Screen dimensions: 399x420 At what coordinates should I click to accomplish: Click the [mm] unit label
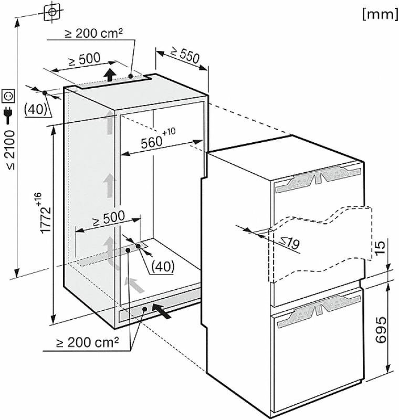click(380, 14)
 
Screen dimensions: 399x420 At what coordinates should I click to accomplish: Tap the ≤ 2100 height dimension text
click(10, 150)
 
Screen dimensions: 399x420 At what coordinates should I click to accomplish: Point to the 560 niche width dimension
click(158, 139)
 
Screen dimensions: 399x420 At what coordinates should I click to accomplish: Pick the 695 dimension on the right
click(381, 330)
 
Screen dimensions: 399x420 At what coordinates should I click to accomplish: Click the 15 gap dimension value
click(380, 248)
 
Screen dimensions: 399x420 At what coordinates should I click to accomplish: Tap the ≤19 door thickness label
click(290, 243)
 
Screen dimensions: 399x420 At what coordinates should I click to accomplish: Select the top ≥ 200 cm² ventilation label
click(94, 34)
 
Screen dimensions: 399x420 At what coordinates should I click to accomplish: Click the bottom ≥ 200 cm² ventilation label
click(88, 342)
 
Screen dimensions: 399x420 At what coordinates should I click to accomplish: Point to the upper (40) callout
click(35, 109)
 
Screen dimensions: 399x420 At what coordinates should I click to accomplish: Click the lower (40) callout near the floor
click(163, 266)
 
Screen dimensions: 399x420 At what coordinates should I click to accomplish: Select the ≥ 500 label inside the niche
click(109, 218)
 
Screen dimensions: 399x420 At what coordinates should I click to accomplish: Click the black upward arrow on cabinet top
click(110, 75)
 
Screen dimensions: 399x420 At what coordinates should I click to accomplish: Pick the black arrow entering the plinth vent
click(162, 311)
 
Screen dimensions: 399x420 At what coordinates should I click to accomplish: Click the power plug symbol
click(8, 115)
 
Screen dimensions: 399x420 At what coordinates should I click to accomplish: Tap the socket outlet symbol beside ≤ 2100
click(8, 96)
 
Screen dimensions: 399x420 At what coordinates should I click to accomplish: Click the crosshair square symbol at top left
click(52, 12)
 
